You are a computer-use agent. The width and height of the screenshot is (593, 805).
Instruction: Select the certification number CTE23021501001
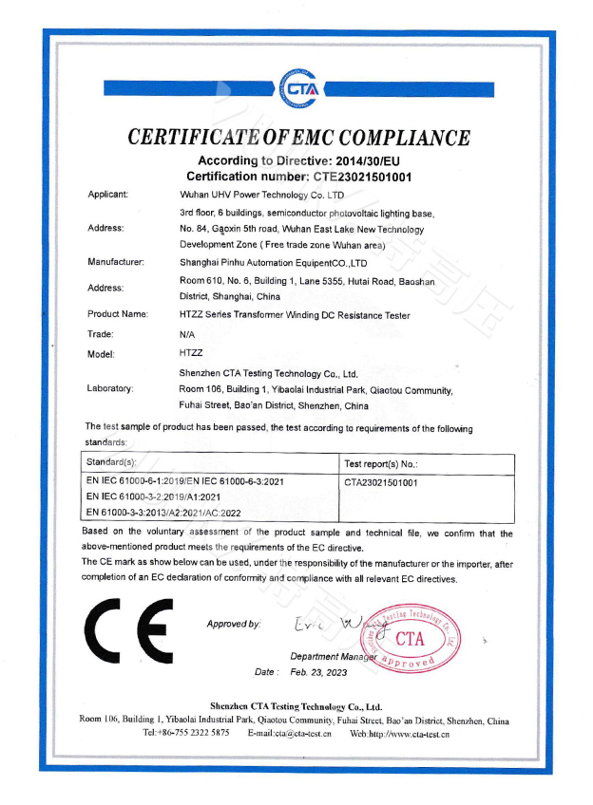tap(358, 177)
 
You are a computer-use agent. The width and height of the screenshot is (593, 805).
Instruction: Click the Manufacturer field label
tap(116, 261)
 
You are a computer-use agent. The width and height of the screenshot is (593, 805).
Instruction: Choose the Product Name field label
tap(118, 314)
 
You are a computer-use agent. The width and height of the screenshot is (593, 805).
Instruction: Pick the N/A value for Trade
tap(187, 334)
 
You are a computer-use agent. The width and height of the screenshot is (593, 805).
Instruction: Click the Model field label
tap(101, 354)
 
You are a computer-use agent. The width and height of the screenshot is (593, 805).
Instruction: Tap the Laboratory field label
tap(110, 388)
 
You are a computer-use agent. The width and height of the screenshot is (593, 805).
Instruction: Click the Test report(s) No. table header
tap(381, 464)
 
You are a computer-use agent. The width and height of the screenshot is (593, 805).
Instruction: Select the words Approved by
tap(233, 624)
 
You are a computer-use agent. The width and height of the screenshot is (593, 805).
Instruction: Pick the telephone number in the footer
tap(186, 734)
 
